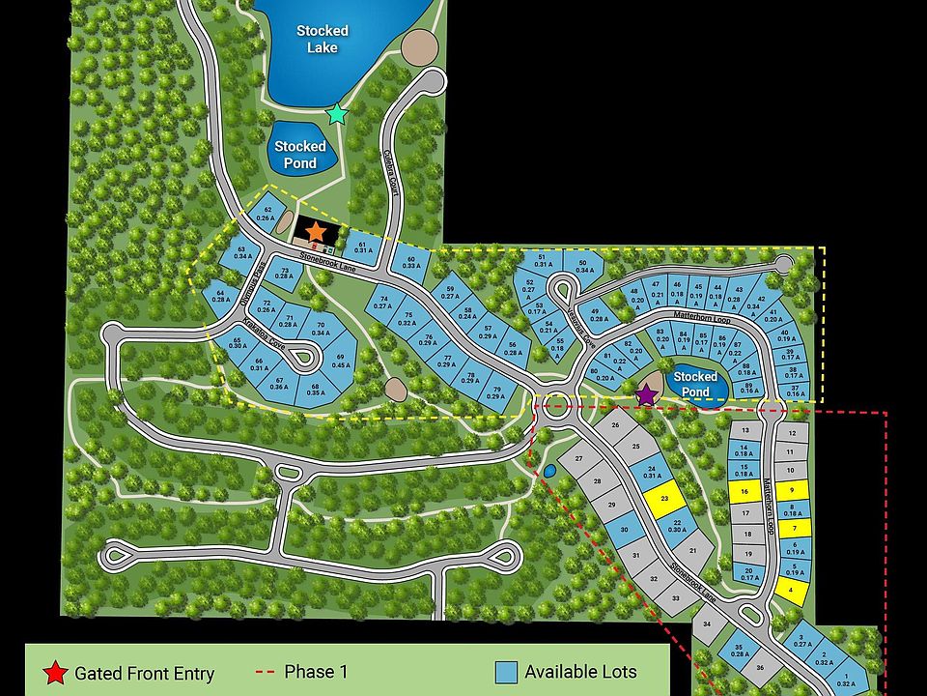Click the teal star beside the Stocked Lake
tap(336, 114)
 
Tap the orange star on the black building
tap(317, 231)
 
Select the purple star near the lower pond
tap(646, 393)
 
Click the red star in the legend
tap(56, 673)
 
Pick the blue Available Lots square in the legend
tap(506, 672)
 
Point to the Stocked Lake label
tap(323, 39)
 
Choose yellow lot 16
tap(744, 492)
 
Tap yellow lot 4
tap(792, 588)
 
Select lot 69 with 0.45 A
tap(341, 361)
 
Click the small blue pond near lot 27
tap(549, 470)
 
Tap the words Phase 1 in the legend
tap(316, 671)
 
